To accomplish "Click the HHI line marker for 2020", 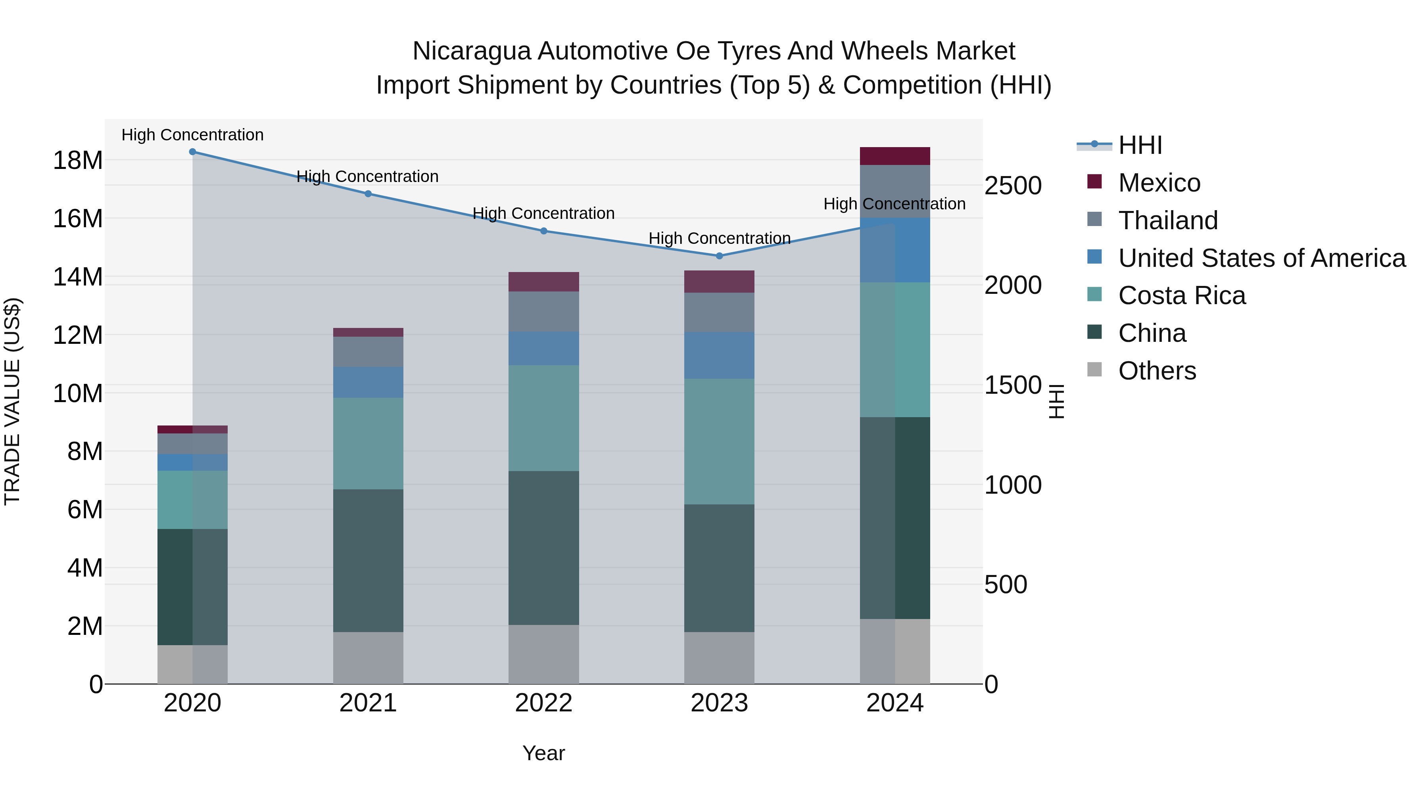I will pyautogui.click(x=192, y=152).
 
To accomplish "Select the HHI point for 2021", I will pyautogui.click(x=368, y=194).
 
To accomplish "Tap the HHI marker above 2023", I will pyautogui.click(x=719, y=256).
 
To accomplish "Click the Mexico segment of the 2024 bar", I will pyautogui.click(x=895, y=156).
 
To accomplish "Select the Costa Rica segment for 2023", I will pyautogui.click(x=719, y=442).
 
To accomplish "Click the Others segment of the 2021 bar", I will pyautogui.click(x=368, y=658).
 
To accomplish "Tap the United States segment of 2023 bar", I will pyautogui.click(x=719, y=355).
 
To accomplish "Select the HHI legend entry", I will pyautogui.click(x=1139, y=145).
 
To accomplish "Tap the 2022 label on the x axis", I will pyautogui.click(x=543, y=703).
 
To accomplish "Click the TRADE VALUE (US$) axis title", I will pyautogui.click(x=12, y=401).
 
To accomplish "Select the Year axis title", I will pyautogui.click(x=543, y=753).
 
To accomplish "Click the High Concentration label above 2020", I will pyautogui.click(x=192, y=135).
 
